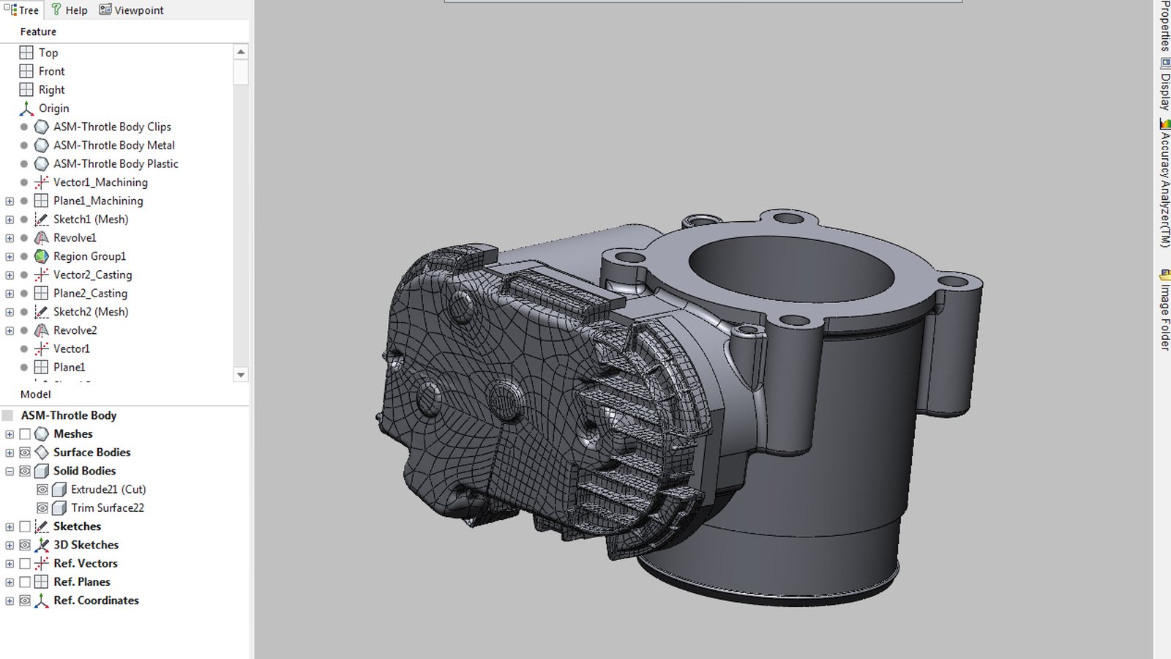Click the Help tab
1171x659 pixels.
pyautogui.click(x=70, y=10)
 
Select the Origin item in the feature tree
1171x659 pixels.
pyautogui.click(x=54, y=108)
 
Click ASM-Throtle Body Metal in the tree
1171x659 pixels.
pyautogui.click(x=114, y=146)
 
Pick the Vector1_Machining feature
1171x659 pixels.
pyautogui.click(x=100, y=182)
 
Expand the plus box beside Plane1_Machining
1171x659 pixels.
pyautogui.click(x=10, y=201)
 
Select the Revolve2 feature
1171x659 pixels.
pyautogui.click(x=75, y=330)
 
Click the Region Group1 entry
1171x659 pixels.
pyautogui.click(x=89, y=256)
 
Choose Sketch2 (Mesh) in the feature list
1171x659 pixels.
pyautogui.click(x=91, y=312)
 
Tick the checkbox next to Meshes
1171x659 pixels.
pyautogui.click(x=25, y=434)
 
